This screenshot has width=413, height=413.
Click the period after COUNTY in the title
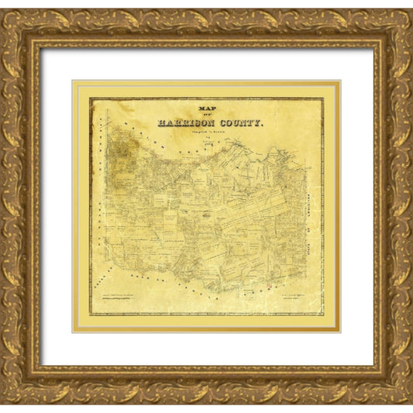pos(263,124)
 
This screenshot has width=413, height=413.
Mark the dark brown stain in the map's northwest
pos(121,147)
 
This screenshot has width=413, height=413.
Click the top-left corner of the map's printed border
pos(90,98)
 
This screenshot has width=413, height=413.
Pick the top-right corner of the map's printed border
pos(323,98)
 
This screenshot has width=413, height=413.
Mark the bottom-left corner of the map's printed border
pos(90,315)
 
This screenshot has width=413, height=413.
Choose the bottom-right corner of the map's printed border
pos(323,315)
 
